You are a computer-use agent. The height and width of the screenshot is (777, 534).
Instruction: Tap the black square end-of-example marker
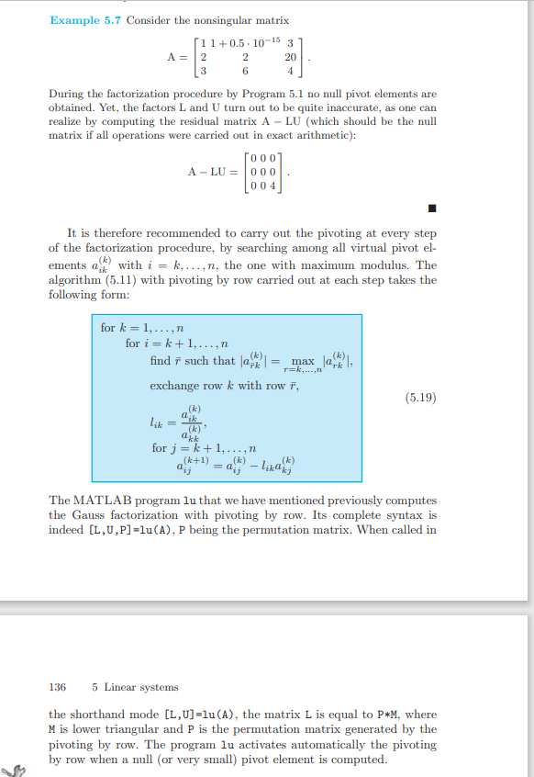pos(431,205)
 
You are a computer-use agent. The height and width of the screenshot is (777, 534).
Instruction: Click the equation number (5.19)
pos(420,398)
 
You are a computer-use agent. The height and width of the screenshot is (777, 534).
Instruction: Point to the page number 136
pos(57,687)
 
